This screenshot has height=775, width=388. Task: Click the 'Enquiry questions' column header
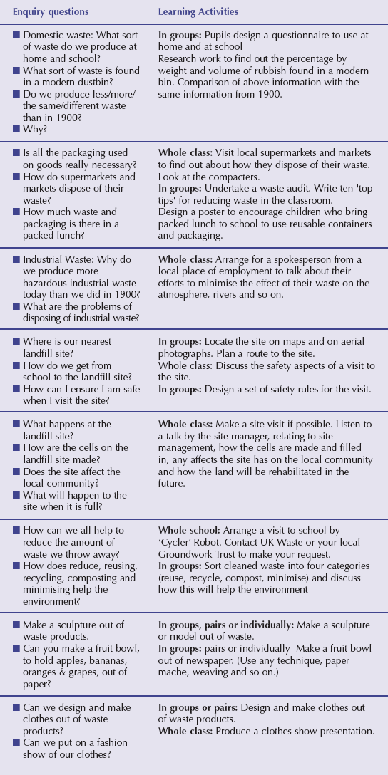point(51,12)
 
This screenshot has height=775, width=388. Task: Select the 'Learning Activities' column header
point(198,12)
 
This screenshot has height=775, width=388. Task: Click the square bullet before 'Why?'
point(16,128)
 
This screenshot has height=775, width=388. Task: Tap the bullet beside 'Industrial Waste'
point(16,259)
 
